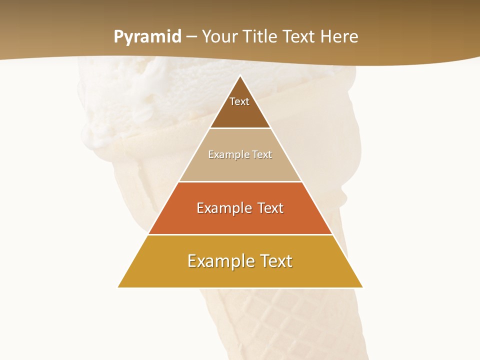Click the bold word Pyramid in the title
pos(147,37)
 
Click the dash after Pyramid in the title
pos(191,37)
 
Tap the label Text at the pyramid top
pos(239,102)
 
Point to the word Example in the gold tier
pos(218,261)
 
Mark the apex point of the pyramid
pos(240,76)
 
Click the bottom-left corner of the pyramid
pos(118,287)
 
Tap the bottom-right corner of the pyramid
pos(362,287)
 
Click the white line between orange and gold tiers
pos(240,234)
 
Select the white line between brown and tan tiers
pos(240,128)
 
